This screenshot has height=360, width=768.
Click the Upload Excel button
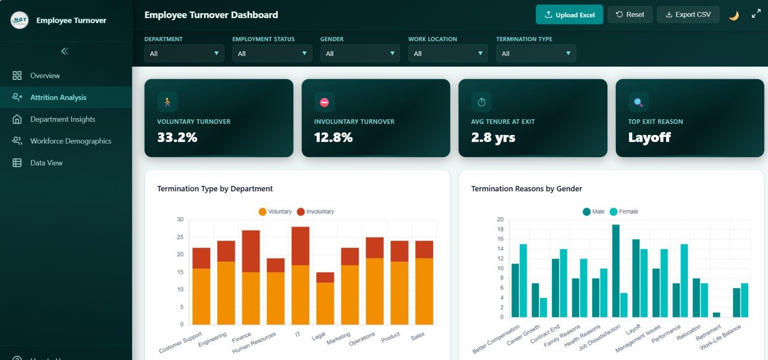[569, 15]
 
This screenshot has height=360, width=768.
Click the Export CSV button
[688, 15]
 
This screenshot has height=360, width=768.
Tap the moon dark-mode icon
[733, 16]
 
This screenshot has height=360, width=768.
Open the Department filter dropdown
[184, 53]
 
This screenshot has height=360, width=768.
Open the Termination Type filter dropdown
[536, 53]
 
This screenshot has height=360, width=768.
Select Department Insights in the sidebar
[62, 119]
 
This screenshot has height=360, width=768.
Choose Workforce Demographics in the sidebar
[70, 141]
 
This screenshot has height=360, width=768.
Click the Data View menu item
[46, 163]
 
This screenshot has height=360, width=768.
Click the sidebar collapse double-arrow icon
[65, 52]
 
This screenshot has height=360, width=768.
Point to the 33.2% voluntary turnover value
[177, 137]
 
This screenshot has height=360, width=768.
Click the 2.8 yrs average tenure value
[493, 137]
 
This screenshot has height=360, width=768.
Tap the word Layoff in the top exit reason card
[649, 137]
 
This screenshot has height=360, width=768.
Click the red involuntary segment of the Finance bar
[251, 251]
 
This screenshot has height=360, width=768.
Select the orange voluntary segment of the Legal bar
[325, 303]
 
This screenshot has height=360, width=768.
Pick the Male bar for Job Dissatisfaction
[616, 271]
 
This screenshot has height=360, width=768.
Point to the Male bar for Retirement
[716, 315]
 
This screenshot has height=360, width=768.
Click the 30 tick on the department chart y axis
[180, 220]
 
